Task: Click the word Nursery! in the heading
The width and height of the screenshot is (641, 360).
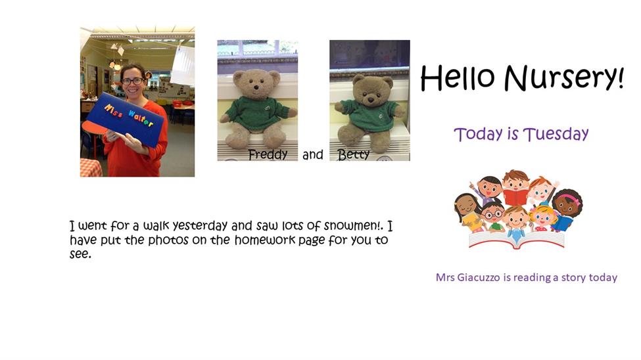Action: click(x=564, y=78)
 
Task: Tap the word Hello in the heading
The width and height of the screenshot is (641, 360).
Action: click(x=458, y=78)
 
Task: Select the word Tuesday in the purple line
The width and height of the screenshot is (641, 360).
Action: click(x=556, y=134)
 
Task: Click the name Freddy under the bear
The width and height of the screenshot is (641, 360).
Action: click(x=268, y=154)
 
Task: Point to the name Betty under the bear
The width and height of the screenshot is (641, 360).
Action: click(x=354, y=154)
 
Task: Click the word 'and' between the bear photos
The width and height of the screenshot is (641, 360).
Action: click(x=313, y=154)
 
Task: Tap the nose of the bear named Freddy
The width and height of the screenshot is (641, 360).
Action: click(x=256, y=87)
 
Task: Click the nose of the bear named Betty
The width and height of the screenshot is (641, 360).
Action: click(x=371, y=99)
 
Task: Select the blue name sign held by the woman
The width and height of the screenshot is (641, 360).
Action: click(x=125, y=120)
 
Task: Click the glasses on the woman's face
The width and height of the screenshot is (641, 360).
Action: click(x=133, y=81)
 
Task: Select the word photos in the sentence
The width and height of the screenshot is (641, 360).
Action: click(x=168, y=240)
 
